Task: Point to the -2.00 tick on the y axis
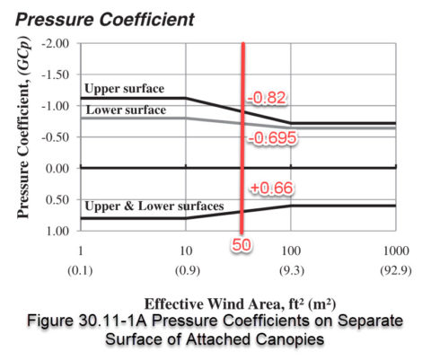[57, 44]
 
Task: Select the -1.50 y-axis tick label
[57, 75]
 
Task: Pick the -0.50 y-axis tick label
[57, 137]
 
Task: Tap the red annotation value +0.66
[268, 188]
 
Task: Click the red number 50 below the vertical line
[242, 244]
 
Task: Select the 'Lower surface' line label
[124, 110]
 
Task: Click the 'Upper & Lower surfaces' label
[154, 206]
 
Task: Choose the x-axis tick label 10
[186, 249]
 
